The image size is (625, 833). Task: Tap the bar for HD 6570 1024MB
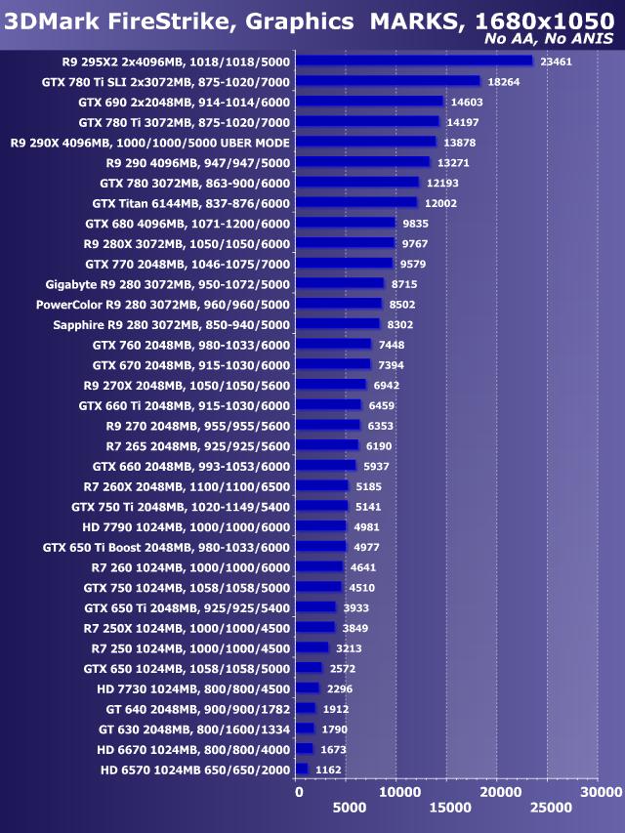pyautogui.click(x=301, y=770)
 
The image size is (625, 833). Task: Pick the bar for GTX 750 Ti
pyautogui.click(x=321, y=506)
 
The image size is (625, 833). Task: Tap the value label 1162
pyautogui.click(x=330, y=770)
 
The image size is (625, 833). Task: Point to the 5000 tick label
pyautogui.click(x=349, y=808)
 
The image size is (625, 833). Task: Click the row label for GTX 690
pyautogui.click(x=185, y=102)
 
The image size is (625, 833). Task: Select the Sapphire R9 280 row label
pyautogui.click(x=172, y=324)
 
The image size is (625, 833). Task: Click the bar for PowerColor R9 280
pyautogui.click(x=338, y=304)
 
